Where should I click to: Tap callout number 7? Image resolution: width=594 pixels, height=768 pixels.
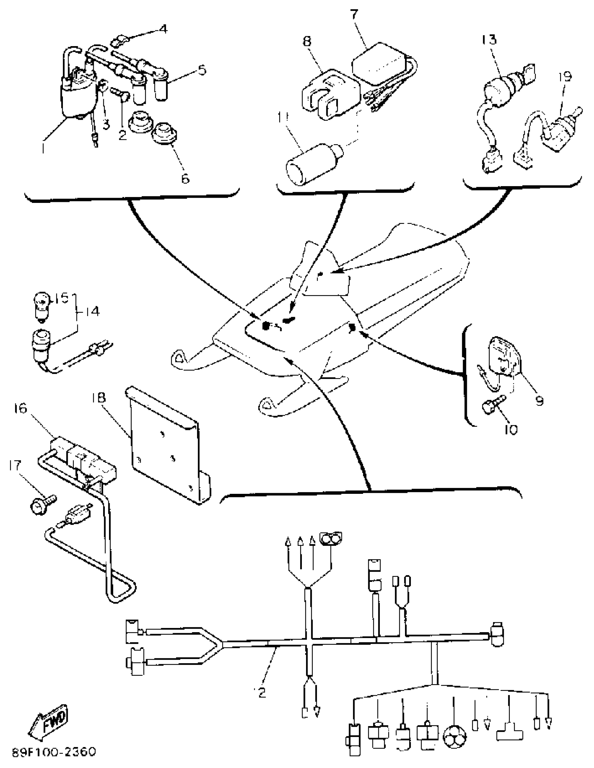click(354, 14)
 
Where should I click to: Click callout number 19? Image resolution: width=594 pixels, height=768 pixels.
click(565, 76)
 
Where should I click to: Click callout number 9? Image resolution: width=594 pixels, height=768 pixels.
click(539, 400)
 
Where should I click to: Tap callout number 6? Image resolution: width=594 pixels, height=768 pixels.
click(185, 178)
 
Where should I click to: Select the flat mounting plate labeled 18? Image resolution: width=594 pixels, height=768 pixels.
click(165, 447)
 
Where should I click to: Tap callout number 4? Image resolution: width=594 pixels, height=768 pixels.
click(162, 29)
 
